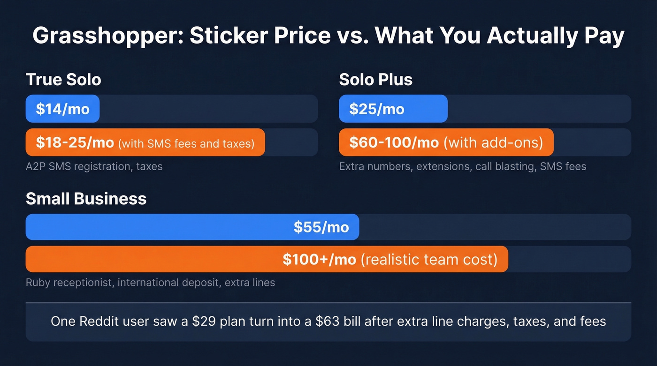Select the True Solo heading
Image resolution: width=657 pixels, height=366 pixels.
pos(63,79)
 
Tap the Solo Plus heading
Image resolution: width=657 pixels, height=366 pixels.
pos(375,79)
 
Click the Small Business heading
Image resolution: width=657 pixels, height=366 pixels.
pos(86,199)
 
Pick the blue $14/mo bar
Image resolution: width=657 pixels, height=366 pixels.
pos(62,109)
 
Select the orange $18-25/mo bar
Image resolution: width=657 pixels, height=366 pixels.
pos(145,142)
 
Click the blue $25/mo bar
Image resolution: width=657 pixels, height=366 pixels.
pos(393,109)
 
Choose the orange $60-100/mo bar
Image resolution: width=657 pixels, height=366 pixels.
pos(446,142)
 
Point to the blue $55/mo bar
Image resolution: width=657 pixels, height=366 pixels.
pos(192,227)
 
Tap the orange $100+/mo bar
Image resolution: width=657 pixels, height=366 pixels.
pos(267,259)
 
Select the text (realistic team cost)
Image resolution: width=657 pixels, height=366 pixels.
pos(429,259)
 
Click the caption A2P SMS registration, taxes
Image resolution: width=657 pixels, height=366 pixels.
pos(94,166)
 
